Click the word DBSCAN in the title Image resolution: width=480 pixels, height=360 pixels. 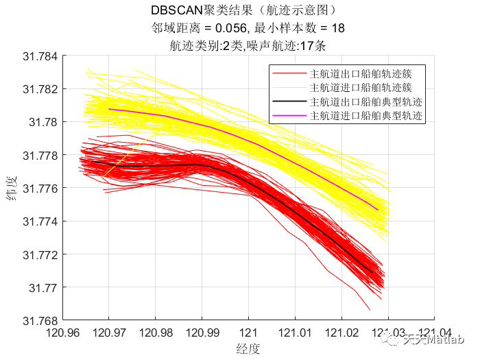tap(177, 11)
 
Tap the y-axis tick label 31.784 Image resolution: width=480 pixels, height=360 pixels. tap(39, 56)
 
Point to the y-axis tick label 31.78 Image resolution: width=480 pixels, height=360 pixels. tap(43, 122)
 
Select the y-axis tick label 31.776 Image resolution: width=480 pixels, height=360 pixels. tap(39, 188)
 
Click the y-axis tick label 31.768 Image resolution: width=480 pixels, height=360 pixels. tap(39, 320)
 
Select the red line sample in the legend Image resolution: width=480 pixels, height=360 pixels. tap(289, 73)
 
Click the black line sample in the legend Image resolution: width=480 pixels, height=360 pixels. tap(289, 103)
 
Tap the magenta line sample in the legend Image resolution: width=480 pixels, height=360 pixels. tap(289, 117)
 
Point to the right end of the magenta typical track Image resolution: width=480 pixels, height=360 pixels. tap(378, 209)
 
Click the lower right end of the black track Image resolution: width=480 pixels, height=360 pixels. tap(372, 272)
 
